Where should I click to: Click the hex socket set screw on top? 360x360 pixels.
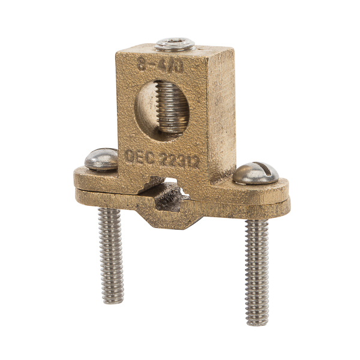tap(175, 43)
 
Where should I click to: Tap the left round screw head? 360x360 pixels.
tap(101, 158)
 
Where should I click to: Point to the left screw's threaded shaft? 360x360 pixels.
tap(112, 252)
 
